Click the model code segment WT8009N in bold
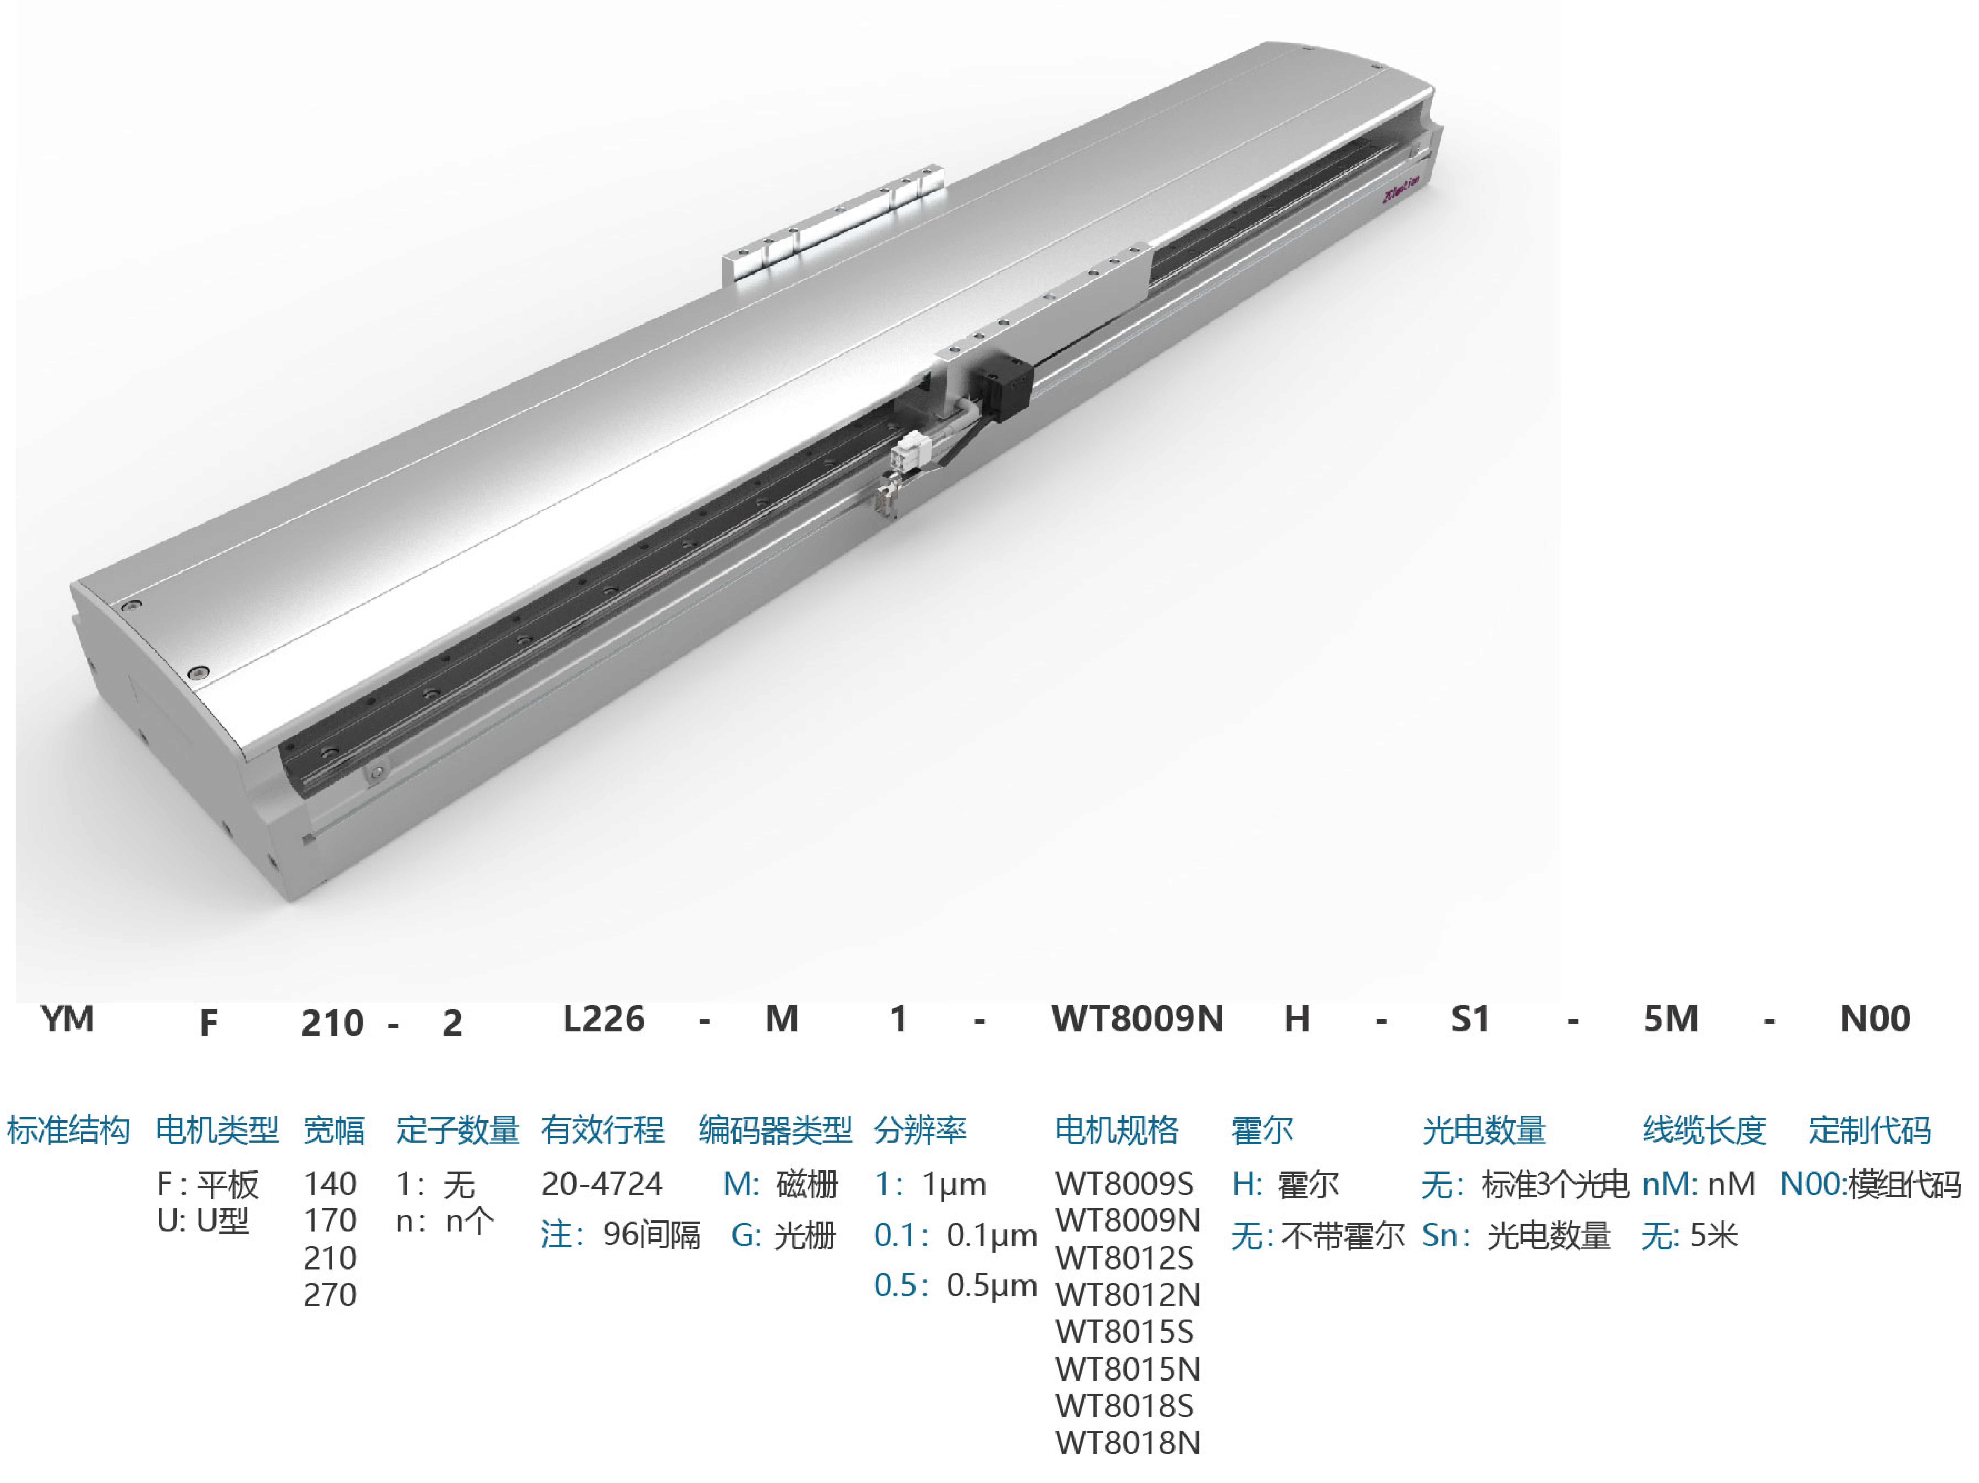pyautogui.click(x=1137, y=1018)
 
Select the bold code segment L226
pyautogui.click(x=604, y=1018)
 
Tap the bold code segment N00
pyautogui.click(x=1875, y=1018)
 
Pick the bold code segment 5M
pyautogui.click(x=1670, y=1018)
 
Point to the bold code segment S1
pyautogui.click(x=1470, y=1018)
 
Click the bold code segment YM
pyautogui.click(x=67, y=1018)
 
